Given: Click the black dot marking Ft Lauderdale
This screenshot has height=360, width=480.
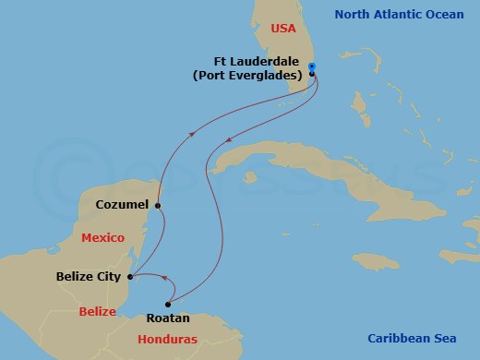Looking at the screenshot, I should click(312, 75).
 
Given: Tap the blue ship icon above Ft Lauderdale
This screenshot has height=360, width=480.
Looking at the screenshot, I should click(312, 66).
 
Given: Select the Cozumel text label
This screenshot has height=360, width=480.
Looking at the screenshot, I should click(123, 205).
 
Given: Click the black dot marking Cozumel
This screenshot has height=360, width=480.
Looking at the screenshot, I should click(158, 205).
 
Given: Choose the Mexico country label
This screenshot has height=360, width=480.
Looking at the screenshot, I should click(102, 237).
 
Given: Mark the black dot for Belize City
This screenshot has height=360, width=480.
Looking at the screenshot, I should click(130, 276).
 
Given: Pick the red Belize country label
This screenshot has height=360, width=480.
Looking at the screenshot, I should click(97, 311).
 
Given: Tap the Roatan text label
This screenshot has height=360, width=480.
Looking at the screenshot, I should click(168, 318).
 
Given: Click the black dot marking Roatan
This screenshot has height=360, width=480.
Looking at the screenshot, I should click(168, 304).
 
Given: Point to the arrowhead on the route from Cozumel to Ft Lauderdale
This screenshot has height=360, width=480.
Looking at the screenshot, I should click(192, 133).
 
